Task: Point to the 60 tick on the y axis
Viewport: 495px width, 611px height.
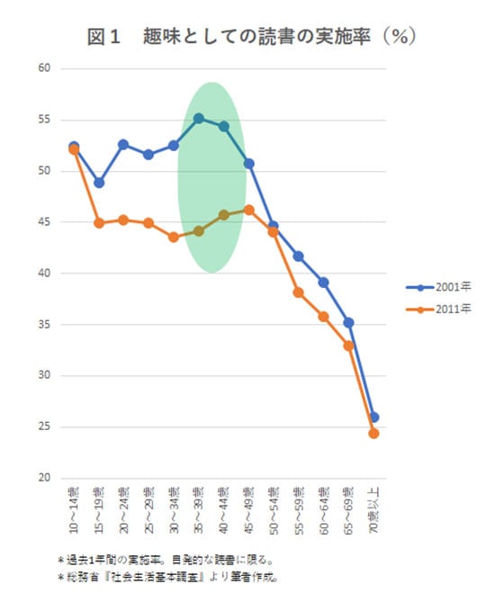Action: click(43, 68)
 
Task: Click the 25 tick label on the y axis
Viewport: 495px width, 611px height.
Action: click(43, 427)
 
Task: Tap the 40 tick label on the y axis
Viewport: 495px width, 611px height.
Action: click(43, 274)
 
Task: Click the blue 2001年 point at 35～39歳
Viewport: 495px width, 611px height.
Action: click(199, 118)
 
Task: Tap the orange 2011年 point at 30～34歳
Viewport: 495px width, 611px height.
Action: click(174, 237)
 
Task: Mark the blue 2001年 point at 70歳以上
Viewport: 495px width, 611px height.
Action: click(373, 417)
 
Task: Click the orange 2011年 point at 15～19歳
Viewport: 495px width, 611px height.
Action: click(99, 223)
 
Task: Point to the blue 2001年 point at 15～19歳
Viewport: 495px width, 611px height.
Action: click(99, 183)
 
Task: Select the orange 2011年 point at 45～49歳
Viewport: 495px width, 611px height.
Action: click(248, 210)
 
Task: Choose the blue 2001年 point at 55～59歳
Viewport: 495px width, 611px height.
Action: click(299, 256)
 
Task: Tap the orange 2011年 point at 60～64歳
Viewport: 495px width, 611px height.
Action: click(323, 317)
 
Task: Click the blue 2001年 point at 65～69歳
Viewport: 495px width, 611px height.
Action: click(348, 322)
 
